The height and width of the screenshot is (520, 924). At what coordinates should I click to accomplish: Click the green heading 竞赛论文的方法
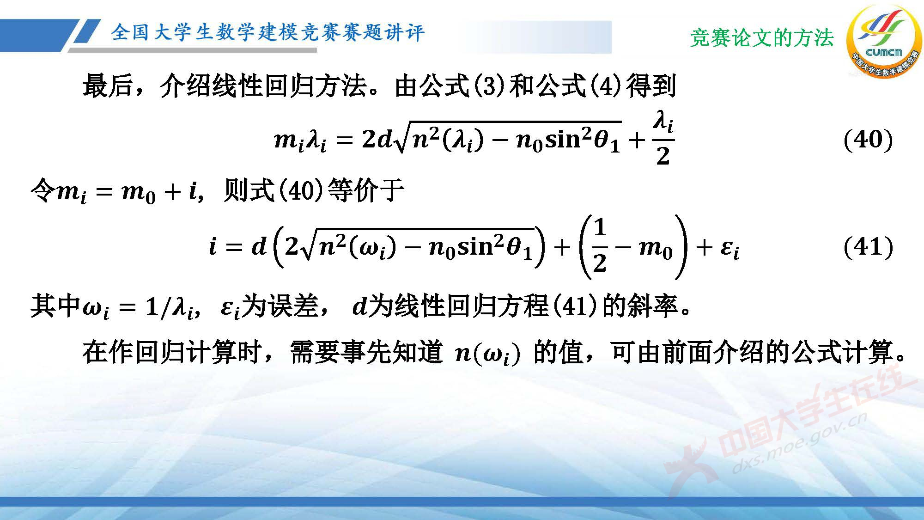click(762, 38)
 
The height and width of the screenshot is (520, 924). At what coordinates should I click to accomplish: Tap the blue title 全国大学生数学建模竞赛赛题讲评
click(267, 33)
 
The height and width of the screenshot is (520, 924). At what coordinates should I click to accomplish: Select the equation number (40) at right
click(868, 140)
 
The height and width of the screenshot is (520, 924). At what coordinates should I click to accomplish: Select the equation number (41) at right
click(868, 247)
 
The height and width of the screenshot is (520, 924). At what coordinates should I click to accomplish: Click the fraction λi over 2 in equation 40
click(663, 139)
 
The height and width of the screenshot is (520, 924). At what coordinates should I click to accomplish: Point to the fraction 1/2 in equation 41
click(599, 246)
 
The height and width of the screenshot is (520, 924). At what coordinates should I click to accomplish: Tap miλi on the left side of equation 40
click(300, 140)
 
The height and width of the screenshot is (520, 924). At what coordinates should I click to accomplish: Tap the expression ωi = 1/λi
click(140, 307)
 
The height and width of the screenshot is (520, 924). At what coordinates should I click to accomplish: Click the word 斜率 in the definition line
click(652, 306)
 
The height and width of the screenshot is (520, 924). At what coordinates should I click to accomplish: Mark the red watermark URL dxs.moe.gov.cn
click(799, 444)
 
